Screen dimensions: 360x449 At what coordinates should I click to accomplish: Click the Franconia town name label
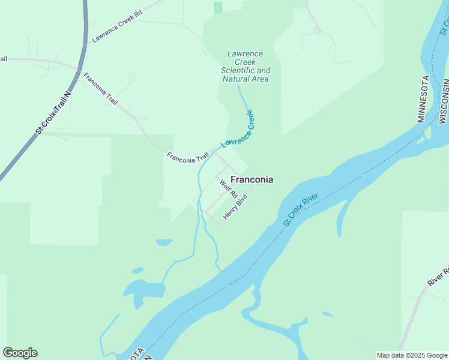(x=252, y=179)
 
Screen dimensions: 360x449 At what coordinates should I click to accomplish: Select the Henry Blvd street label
(x=235, y=206)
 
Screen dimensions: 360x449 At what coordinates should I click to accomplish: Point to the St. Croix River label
(x=300, y=210)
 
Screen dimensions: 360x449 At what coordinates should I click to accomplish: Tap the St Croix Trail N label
(x=53, y=112)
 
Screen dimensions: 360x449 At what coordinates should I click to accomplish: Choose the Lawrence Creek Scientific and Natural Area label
(x=246, y=66)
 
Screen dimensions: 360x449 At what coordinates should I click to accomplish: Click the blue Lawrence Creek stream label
(x=238, y=128)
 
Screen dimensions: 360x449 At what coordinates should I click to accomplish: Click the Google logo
(x=20, y=353)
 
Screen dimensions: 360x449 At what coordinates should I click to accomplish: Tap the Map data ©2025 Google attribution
(x=412, y=355)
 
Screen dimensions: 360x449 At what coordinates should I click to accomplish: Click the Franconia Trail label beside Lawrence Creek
(x=188, y=157)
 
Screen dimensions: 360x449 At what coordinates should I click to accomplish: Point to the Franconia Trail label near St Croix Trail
(x=100, y=89)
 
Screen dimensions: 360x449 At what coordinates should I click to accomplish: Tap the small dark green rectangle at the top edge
(x=218, y=7)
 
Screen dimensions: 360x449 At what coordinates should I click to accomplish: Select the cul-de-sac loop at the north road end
(x=317, y=31)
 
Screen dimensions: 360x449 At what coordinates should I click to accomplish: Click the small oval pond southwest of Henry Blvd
(x=164, y=243)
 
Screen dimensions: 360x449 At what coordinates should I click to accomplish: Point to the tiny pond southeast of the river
(x=328, y=314)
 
